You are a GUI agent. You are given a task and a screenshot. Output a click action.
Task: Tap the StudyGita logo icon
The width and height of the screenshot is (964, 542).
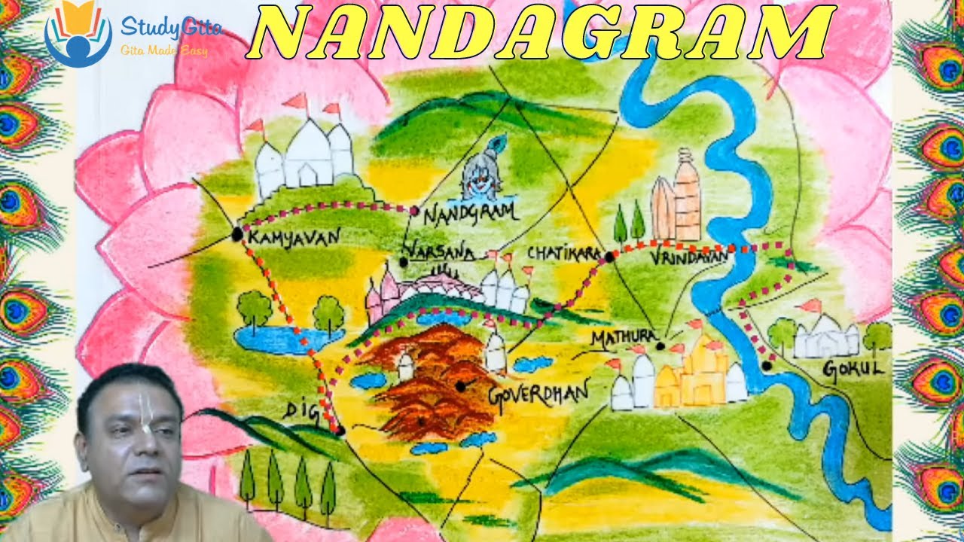pos(78,34)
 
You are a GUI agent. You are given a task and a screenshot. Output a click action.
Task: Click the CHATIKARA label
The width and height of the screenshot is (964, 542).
pos(563,253)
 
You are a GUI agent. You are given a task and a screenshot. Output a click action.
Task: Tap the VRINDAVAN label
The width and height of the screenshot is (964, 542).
pos(690,258)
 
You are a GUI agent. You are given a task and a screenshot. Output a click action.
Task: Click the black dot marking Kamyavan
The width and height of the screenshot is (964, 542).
pos(237,234)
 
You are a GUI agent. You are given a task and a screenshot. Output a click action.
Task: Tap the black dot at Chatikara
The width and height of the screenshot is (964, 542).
pos(609,257)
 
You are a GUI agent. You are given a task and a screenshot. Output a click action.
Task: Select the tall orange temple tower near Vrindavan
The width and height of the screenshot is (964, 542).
pos(685,196)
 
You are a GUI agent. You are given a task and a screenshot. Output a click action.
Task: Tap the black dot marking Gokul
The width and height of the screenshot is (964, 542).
pos(766,366)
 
